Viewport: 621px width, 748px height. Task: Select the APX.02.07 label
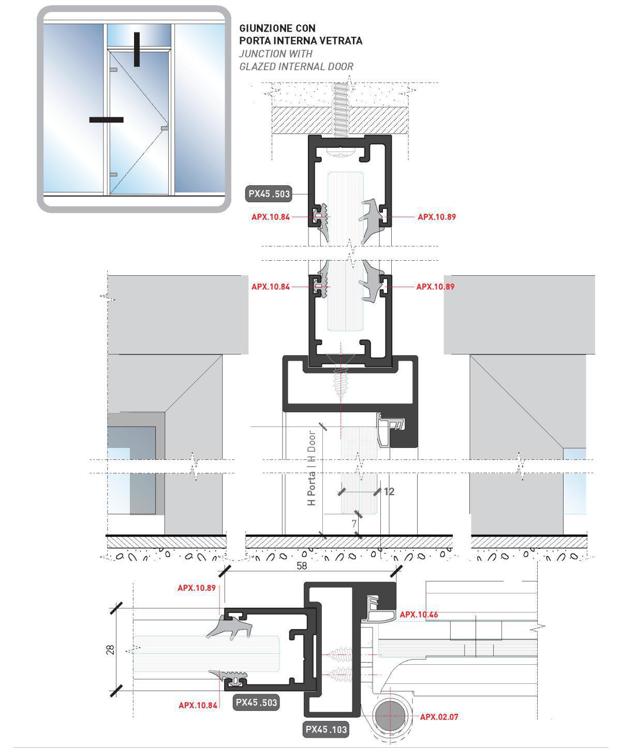[439, 717]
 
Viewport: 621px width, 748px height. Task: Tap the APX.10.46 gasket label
[419, 615]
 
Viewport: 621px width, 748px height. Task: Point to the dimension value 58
[302, 566]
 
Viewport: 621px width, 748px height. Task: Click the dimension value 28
[110, 650]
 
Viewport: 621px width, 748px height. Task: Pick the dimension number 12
[389, 491]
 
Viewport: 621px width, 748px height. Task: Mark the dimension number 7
[354, 523]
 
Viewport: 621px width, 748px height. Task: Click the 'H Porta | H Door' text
[312, 468]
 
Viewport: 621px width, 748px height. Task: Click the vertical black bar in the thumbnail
[137, 50]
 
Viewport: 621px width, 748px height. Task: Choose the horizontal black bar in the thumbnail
[106, 119]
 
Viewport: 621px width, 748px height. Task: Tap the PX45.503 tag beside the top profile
[269, 194]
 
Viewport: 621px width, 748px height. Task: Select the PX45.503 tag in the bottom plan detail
[256, 702]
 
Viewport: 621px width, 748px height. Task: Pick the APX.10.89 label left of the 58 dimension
[197, 588]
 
